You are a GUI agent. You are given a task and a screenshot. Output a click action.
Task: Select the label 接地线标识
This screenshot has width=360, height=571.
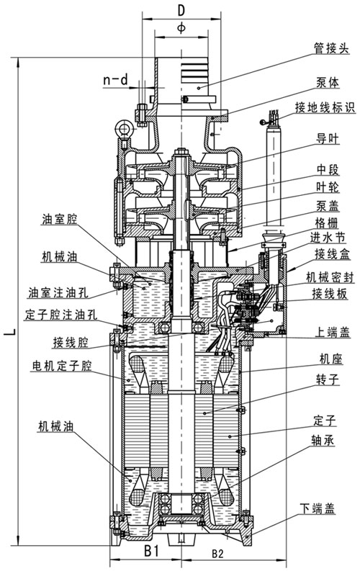click(x=326, y=109)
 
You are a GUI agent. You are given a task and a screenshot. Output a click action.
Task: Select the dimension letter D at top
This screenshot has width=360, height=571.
click(x=181, y=10)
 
